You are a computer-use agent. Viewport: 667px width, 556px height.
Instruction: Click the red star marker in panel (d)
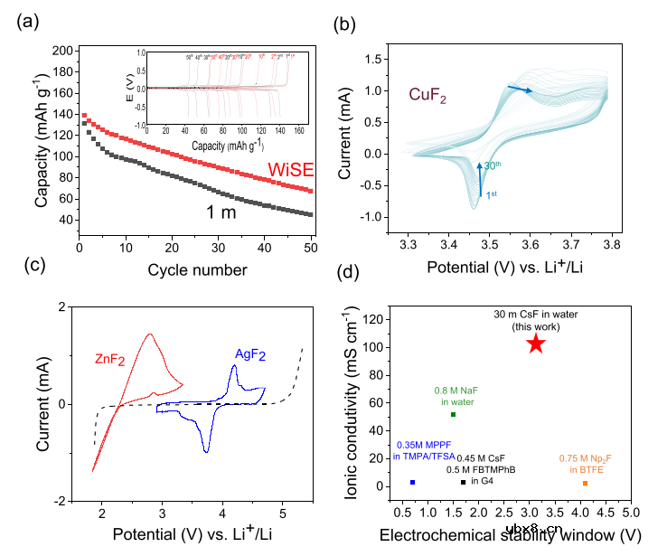pyautogui.click(x=535, y=344)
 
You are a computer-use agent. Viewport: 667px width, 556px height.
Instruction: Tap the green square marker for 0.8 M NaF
pyautogui.click(x=453, y=414)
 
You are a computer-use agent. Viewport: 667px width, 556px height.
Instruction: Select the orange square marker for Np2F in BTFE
pyautogui.click(x=585, y=483)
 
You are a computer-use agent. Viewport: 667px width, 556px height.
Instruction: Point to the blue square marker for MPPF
pyautogui.click(x=412, y=482)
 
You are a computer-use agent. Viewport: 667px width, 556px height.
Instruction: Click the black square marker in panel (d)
pyautogui.click(x=463, y=481)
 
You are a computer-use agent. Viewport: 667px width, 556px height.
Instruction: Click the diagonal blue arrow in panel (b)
pyautogui.click(x=519, y=89)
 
